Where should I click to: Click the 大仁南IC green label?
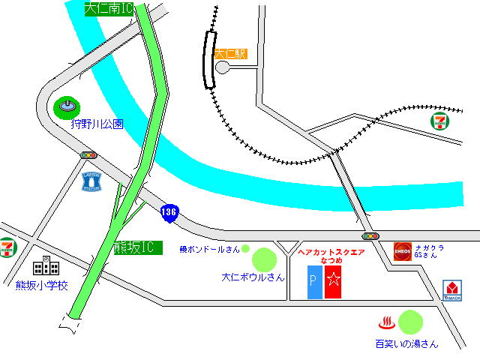tap(109, 9)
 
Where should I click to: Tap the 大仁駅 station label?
tap(230, 54)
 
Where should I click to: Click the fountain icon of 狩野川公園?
tap(67, 108)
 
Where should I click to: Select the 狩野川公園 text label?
tap(97, 124)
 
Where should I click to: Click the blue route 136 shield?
tap(169, 213)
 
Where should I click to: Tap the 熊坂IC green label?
tap(137, 247)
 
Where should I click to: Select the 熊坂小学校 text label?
tap(42, 285)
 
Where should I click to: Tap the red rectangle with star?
tap(333, 281)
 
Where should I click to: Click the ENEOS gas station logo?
tap(403, 251)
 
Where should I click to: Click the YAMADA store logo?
tap(452, 289)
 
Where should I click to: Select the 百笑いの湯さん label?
tap(406, 344)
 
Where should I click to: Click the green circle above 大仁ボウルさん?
tap(265, 259)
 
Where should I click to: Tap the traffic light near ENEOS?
tap(365, 237)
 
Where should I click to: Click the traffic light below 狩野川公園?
tap(89, 154)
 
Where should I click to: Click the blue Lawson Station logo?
tap(92, 181)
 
